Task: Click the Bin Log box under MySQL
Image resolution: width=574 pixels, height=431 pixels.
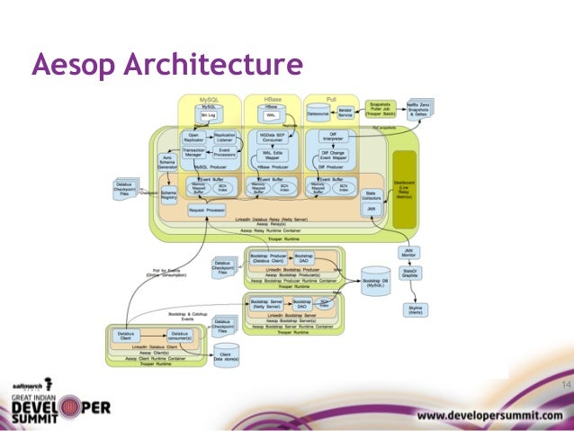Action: point(209,116)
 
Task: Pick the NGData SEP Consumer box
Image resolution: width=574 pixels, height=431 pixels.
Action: point(272,138)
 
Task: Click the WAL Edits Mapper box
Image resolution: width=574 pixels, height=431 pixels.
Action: point(272,154)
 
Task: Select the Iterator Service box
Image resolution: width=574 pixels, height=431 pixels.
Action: point(345,114)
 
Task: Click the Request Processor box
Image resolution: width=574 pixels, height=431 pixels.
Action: point(206,209)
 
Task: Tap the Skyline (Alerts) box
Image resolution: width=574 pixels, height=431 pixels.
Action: point(417,310)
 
